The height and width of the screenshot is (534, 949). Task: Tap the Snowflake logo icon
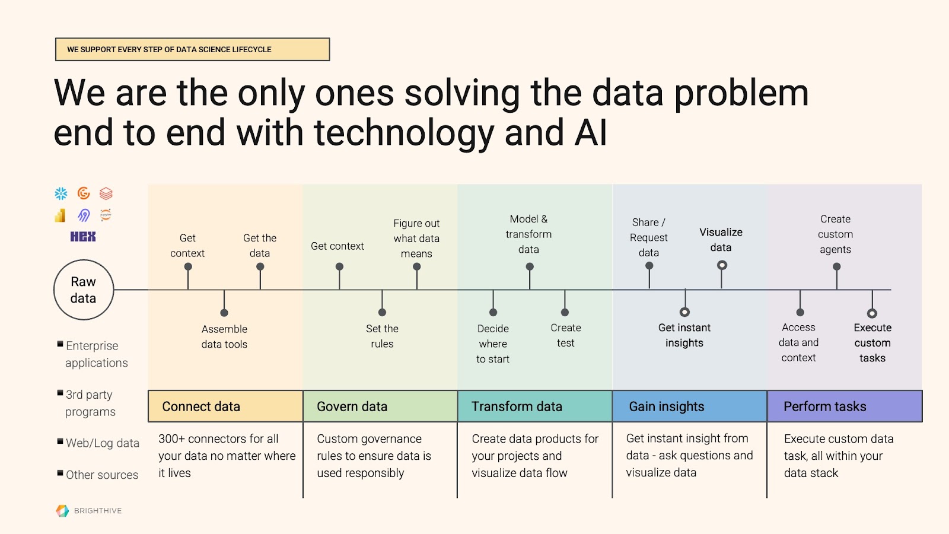pos(61,193)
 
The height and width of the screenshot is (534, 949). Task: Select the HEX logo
pos(83,237)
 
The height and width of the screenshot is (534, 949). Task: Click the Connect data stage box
pos(225,406)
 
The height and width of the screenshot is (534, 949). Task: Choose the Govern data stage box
pos(380,406)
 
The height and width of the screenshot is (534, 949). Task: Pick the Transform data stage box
pos(535,406)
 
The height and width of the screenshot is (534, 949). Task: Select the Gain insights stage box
pos(690,406)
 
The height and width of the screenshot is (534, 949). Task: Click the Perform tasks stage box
pos(845,406)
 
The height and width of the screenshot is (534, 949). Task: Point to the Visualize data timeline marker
pos(722,265)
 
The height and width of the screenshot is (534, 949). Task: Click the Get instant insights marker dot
pos(684,312)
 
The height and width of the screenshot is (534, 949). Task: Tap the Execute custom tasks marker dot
pos(872,313)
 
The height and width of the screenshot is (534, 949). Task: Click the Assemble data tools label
pos(224,336)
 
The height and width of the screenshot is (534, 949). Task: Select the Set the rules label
pos(382,336)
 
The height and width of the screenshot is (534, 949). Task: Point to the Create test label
pos(566,335)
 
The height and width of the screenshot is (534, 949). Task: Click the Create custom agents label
pos(836,234)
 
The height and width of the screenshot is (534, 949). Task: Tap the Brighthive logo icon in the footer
pos(62,511)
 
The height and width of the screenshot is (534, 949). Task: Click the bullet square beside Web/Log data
pos(60,441)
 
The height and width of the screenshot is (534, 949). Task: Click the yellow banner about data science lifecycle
pos(192,49)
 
